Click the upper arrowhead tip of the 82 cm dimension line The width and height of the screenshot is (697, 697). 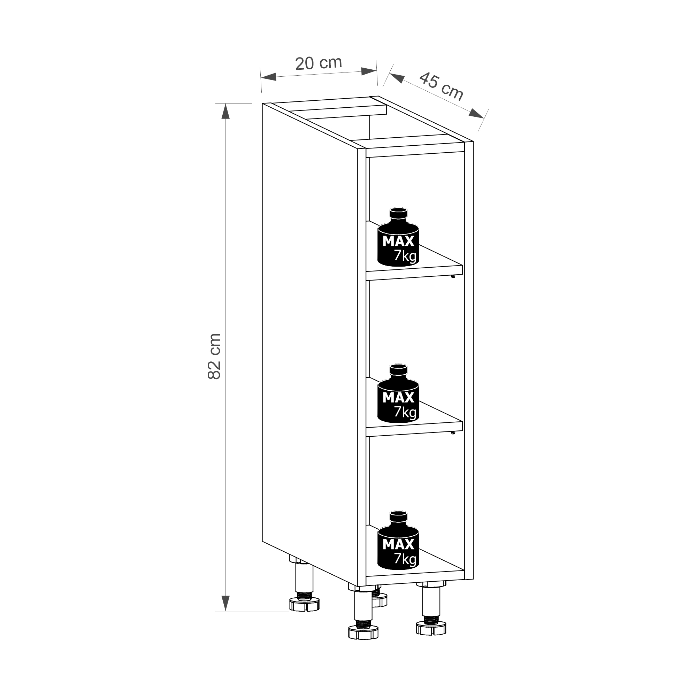(x=225, y=104)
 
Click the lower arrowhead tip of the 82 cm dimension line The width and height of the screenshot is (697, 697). (x=225, y=611)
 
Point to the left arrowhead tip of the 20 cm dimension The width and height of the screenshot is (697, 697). (x=260, y=78)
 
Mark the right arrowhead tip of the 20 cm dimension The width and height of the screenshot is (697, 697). (x=377, y=70)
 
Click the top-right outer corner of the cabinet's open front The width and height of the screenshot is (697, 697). (x=473, y=141)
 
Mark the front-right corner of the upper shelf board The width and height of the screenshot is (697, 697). (x=462, y=266)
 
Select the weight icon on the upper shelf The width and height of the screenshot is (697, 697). (x=398, y=237)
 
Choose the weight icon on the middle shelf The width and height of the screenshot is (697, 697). (x=398, y=393)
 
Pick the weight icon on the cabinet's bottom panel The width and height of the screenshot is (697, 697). (x=398, y=540)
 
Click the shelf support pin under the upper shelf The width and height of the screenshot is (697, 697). (x=453, y=277)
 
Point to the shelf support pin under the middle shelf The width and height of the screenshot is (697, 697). (x=453, y=432)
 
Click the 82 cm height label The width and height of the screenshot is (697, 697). (x=214, y=357)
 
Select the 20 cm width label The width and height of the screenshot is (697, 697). (x=319, y=63)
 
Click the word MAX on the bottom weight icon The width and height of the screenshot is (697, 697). (x=398, y=544)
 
